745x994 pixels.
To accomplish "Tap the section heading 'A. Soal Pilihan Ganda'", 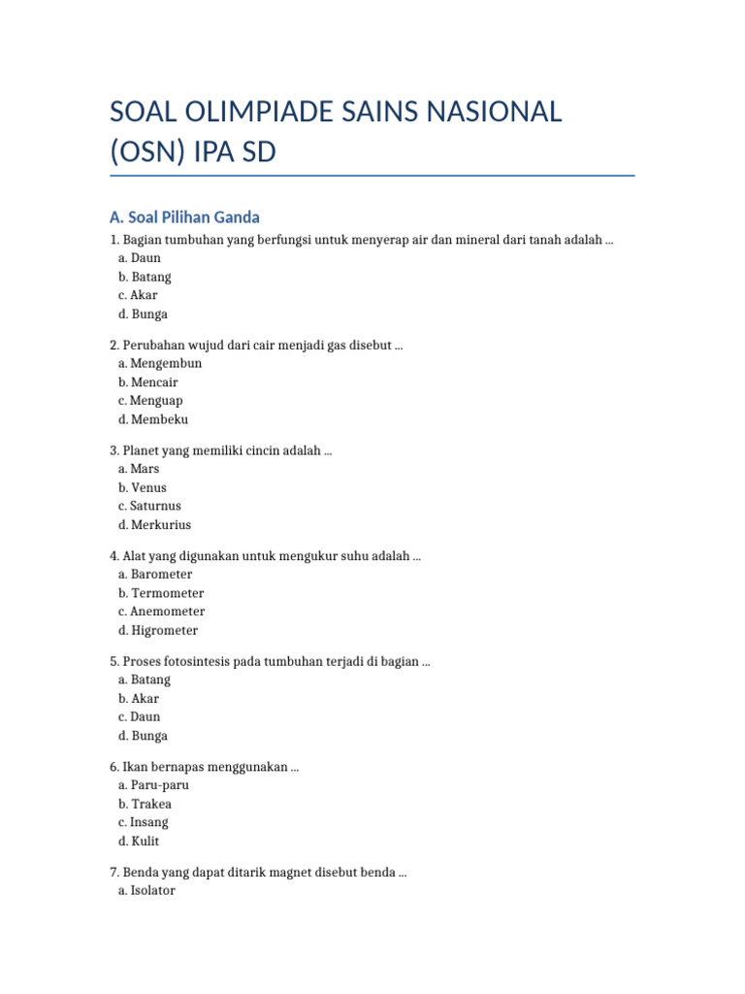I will click(184, 216).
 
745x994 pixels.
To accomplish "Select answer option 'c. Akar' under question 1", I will click(138, 295).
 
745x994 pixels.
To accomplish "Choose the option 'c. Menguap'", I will click(150, 401).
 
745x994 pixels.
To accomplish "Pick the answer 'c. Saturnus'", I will click(149, 506).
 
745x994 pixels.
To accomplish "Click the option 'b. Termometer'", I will click(161, 593).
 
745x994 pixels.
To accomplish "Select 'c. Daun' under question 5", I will click(140, 716).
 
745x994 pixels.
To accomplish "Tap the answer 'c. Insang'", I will click(144, 822).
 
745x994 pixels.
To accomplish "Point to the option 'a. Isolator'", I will click(146, 890).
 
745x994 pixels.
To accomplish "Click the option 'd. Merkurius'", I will click(155, 525).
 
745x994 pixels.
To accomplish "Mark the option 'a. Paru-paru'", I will click(153, 784).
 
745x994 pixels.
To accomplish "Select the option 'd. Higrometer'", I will click(158, 631).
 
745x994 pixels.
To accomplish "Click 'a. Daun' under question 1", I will click(140, 258).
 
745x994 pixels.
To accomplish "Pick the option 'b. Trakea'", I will click(146, 804).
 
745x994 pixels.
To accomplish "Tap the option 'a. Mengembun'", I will click(160, 363).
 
